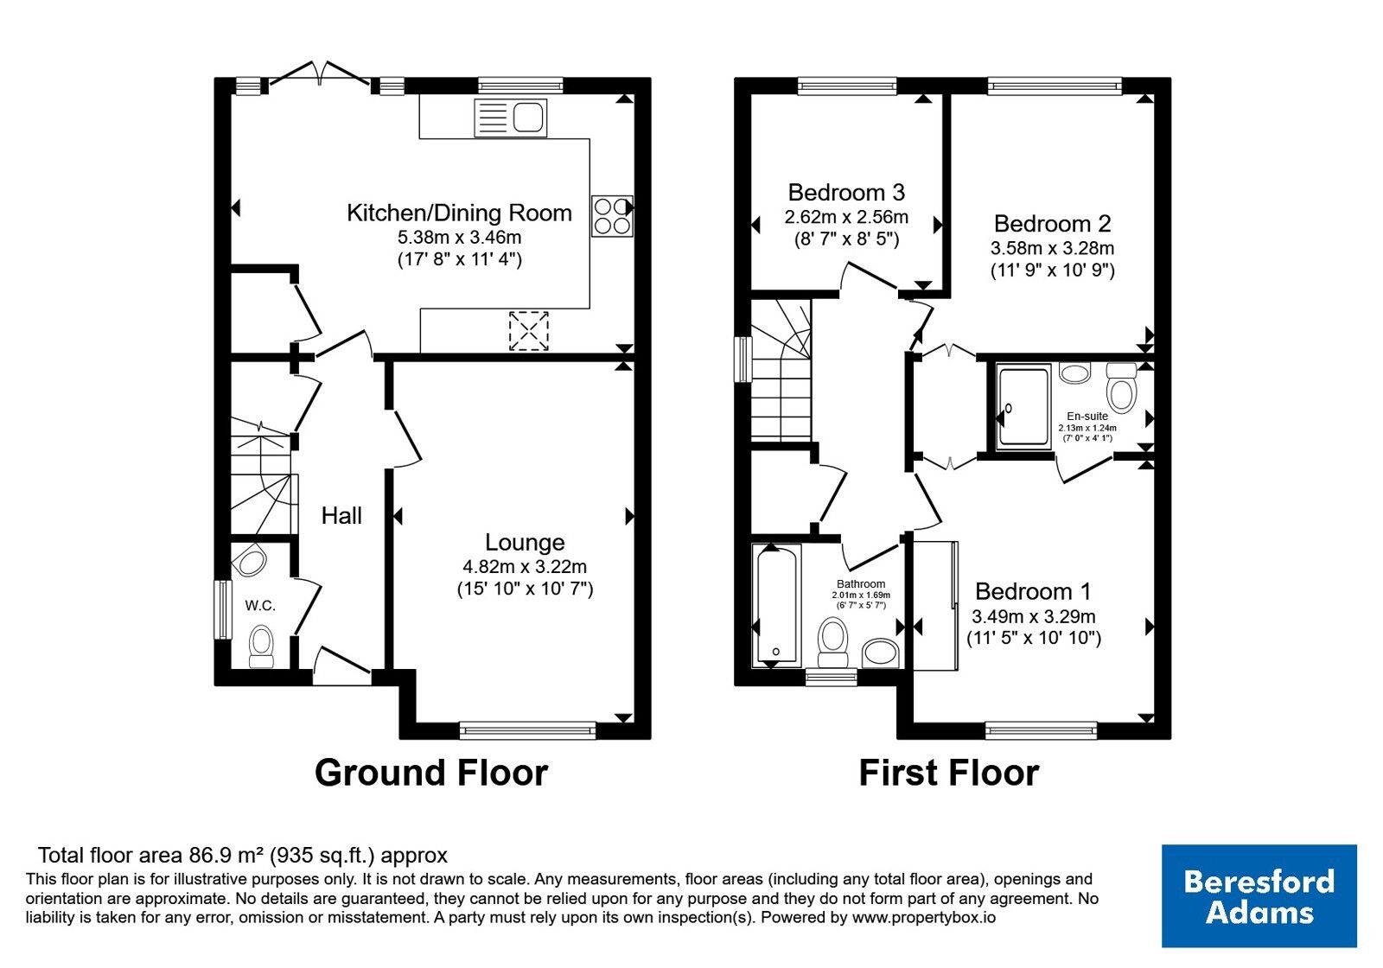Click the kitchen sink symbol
(x=511, y=118)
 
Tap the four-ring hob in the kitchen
(x=612, y=215)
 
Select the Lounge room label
(x=525, y=542)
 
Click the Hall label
(x=341, y=515)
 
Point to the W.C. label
(x=260, y=606)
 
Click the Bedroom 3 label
(x=846, y=193)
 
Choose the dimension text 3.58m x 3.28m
(x=1052, y=248)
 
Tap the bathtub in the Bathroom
(x=776, y=605)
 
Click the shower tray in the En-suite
(x=1023, y=405)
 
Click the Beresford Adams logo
(x=1259, y=895)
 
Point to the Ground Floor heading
(x=431, y=773)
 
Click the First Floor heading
(x=949, y=773)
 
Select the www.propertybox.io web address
(x=924, y=917)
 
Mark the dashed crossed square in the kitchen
(x=528, y=331)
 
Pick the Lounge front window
(x=528, y=730)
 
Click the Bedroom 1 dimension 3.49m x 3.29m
(x=1034, y=616)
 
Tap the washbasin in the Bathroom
(x=880, y=653)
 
